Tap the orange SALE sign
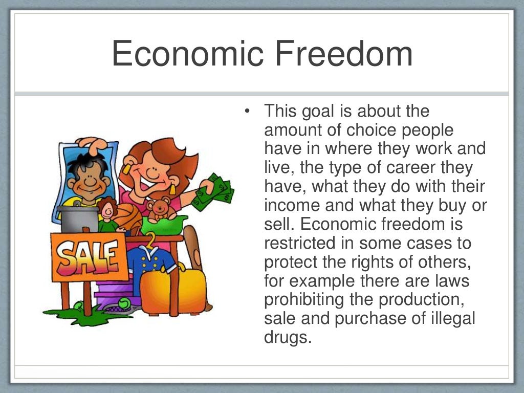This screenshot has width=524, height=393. click(88, 256)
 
